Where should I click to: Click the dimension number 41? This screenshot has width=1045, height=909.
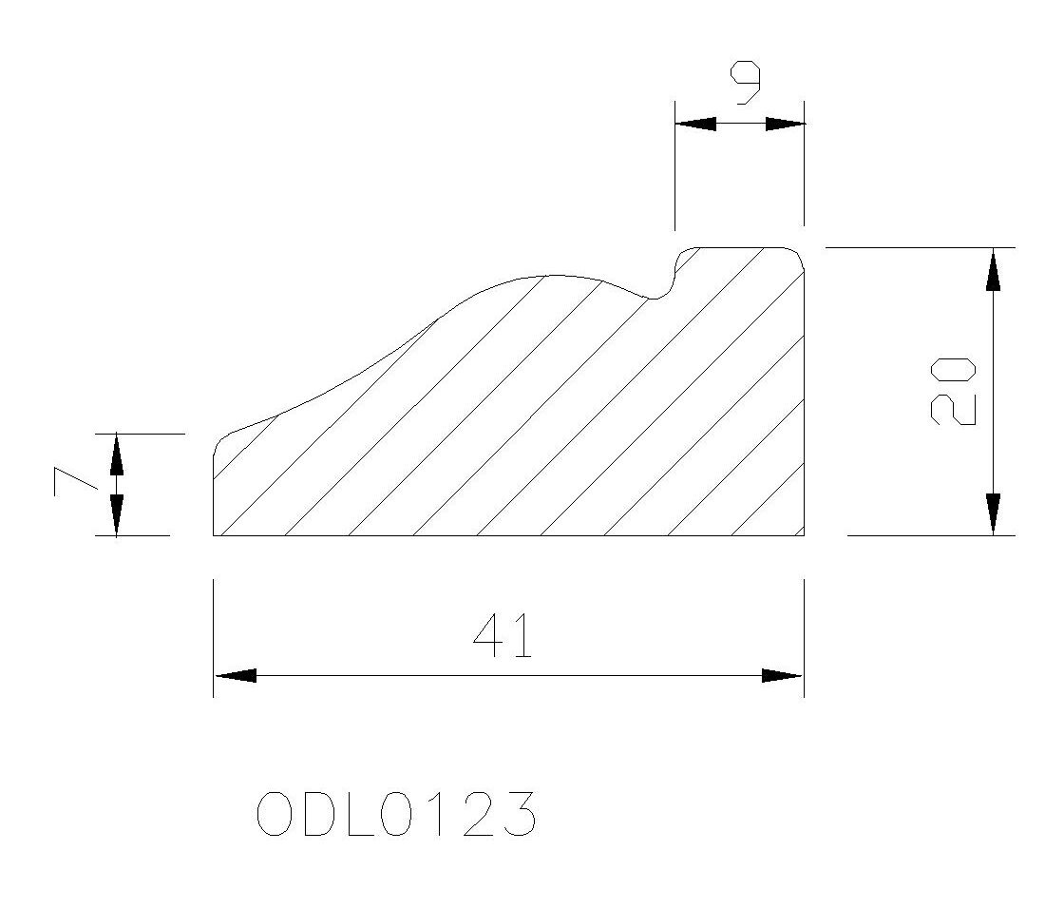(503, 635)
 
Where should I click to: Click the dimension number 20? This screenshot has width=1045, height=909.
(952, 392)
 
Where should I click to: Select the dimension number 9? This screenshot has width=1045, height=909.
(746, 83)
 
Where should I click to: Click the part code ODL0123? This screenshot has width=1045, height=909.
(396, 814)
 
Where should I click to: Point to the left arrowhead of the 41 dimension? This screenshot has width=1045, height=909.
(236, 676)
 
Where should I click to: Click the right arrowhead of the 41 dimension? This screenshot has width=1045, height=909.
(782, 676)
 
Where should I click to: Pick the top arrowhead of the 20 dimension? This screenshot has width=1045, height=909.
(993, 269)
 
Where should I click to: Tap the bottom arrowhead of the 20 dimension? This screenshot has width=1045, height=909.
(993, 514)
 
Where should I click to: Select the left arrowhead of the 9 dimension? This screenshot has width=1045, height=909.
(695, 124)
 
